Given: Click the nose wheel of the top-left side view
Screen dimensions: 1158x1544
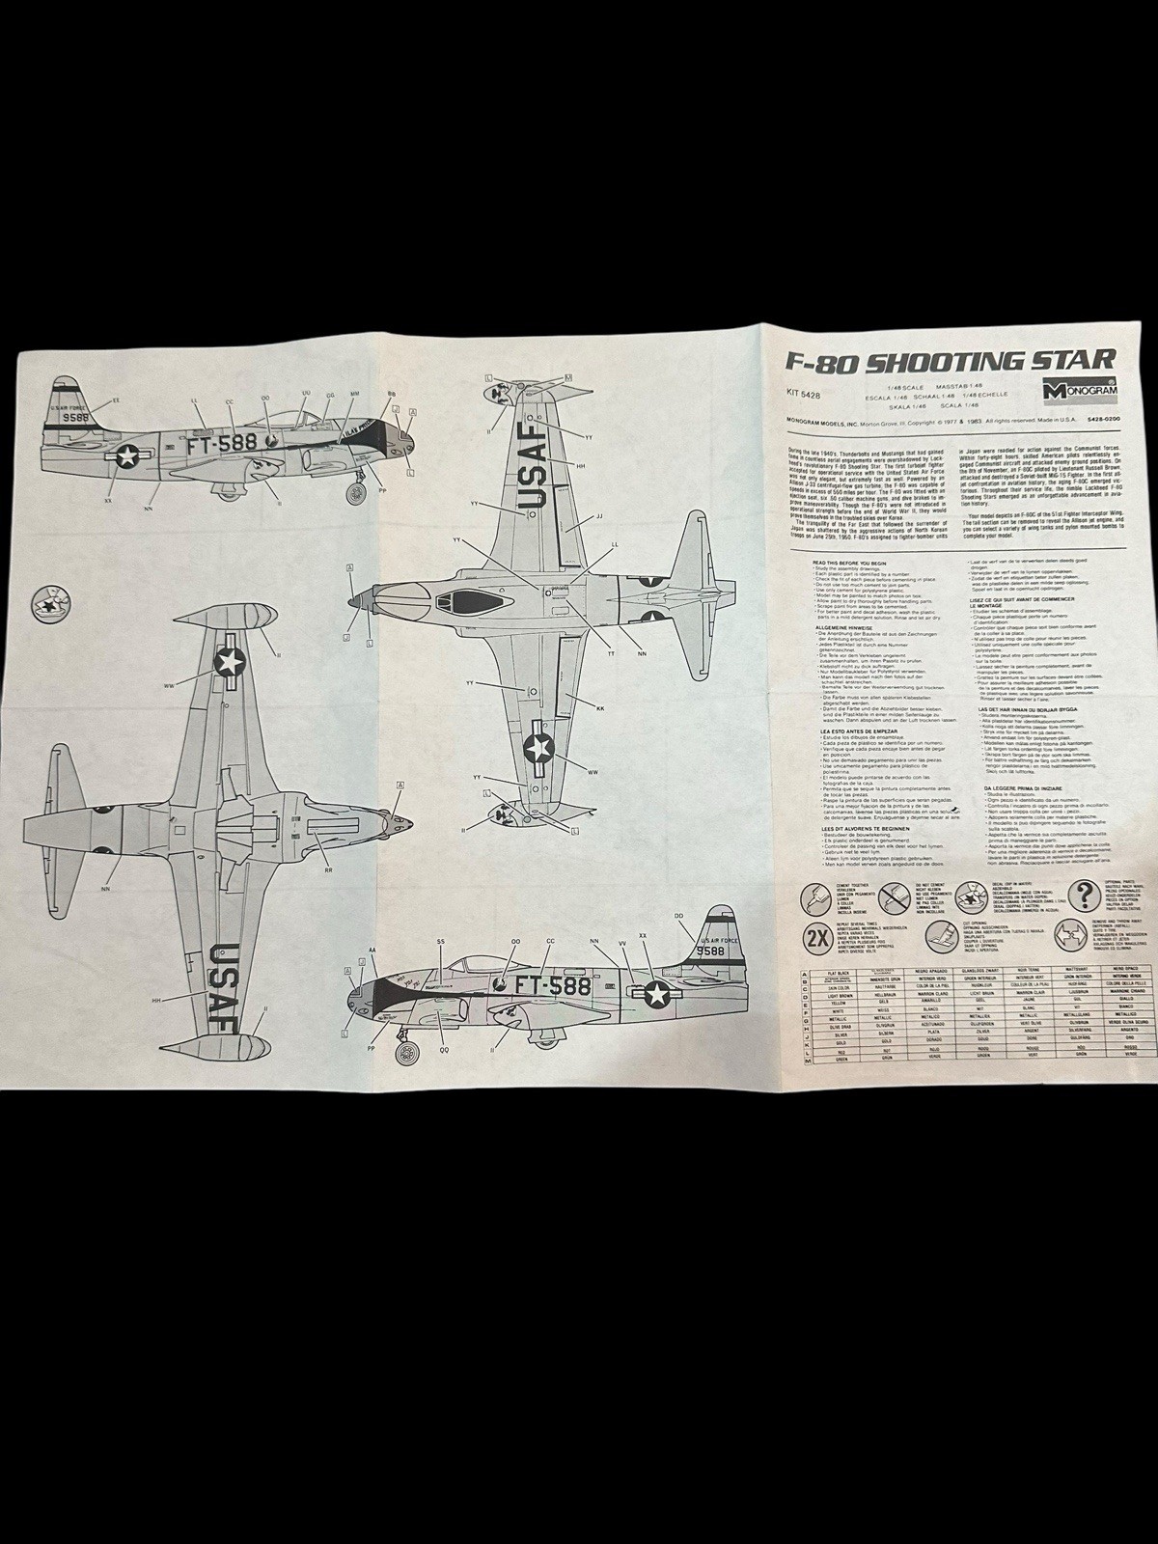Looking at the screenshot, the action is coord(357,491).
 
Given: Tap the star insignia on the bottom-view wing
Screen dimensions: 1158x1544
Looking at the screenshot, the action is coord(229,660).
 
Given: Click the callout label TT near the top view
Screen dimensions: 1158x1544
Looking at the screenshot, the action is coord(610,654).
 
